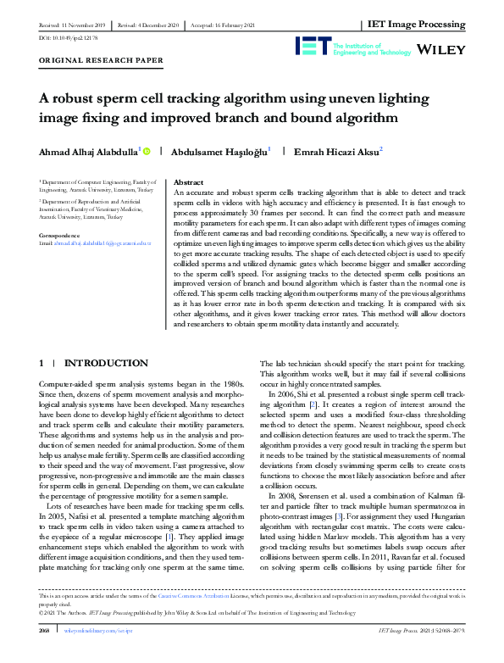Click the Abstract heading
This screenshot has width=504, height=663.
188,182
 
